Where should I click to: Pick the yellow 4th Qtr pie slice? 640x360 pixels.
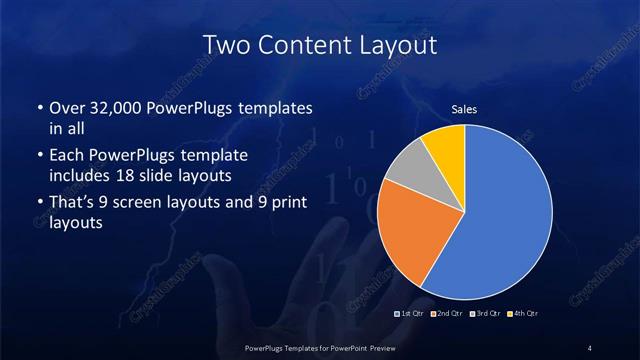pyautogui.click(x=446, y=146)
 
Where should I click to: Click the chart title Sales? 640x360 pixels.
pyautogui.click(x=464, y=109)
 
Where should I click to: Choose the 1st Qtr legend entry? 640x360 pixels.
pyautogui.click(x=412, y=314)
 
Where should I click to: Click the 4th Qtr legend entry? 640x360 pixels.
pyautogui.click(x=521, y=314)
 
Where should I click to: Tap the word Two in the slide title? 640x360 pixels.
pyautogui.click(x=224, y=45)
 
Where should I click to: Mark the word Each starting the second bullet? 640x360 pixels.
pyautogui.click(x=66, y=156)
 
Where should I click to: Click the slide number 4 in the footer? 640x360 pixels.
pyautogui.click(x=590, y=347)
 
